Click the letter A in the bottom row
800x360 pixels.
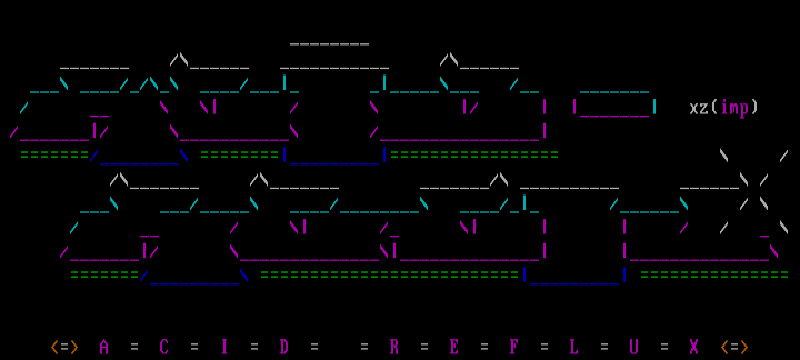[104, 347]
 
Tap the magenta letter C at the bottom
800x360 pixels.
[164, 347]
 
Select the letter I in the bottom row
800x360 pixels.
[224, 347]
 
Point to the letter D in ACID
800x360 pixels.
[284, 347]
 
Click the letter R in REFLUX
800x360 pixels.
[394, 347]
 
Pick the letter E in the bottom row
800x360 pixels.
[454, 347]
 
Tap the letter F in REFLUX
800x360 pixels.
[514, 347]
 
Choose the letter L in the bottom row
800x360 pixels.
[574, 347]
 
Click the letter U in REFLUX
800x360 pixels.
[634, 347]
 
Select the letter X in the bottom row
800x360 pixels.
[694, 347]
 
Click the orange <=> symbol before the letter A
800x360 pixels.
[64, 347]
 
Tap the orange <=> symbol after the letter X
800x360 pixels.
[734, 347]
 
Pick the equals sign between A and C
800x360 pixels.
[134, 347]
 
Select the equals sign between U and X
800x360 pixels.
[664, 347]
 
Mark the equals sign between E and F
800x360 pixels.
[484, 347]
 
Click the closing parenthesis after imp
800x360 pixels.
[754, 107]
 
